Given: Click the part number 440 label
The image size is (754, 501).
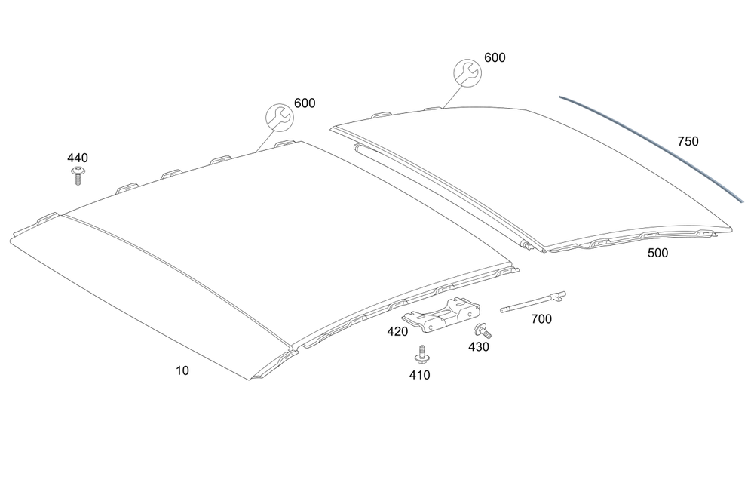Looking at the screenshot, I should (78, 158).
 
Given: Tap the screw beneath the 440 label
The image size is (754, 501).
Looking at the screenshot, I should (77, 175).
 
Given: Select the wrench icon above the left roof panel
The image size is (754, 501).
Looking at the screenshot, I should (279, 117).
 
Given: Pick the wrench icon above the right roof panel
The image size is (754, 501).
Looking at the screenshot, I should (465, 72).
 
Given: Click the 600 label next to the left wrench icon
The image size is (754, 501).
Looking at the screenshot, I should (305, 103).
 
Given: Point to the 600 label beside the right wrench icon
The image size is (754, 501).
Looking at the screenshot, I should (495, 57).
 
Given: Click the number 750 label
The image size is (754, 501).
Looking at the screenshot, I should (688, 141).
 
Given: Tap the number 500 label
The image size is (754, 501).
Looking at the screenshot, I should (657, 254).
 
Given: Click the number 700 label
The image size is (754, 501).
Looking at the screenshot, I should (541, 319).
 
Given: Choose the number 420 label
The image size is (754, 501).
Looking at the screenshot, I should (397, 331).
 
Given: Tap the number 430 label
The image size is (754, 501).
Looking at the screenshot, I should (479, 347).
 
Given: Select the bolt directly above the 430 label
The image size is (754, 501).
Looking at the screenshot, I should (480, 329).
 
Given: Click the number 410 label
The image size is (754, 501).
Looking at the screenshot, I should (419, 375).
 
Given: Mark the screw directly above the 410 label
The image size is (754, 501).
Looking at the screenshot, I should (420, 354).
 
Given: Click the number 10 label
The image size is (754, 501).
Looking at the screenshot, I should (182, 370).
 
